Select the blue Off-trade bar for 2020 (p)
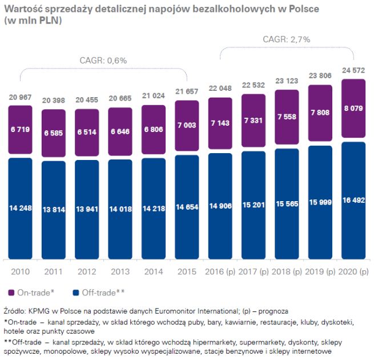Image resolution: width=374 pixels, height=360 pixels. click(x=353, y=200)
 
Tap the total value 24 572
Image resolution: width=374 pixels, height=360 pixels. click(x=353, y=71)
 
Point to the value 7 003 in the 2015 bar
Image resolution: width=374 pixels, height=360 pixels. click(x=187, y=123)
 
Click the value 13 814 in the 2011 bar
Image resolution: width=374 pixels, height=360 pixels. click(x=54, y=208)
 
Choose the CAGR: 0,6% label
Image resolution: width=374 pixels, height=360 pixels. click(x=103, y=60)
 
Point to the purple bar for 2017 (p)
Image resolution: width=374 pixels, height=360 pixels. click(x=254, y=122)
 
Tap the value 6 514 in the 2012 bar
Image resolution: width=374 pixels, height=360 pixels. click(x=87, y=129)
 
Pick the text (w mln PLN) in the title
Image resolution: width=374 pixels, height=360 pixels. click(x=34, y=21)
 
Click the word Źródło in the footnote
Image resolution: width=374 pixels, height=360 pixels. click(x=18, y=310)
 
